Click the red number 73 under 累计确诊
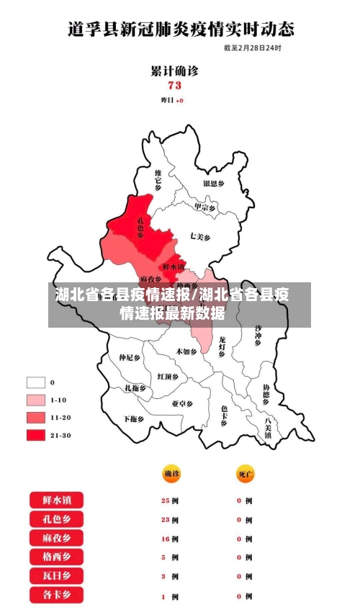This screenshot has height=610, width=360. click(x=174, y=85)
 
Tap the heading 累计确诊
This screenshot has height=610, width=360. click(x=174, y=71)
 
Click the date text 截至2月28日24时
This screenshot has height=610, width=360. click(x=252, y=48)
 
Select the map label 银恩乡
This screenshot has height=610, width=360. click(x=214, y=184)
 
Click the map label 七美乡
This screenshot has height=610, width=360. click(x=200, y=236)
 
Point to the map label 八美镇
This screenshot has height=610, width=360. click(x=269, y=427)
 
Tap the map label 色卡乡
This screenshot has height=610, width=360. click(x=225, y=416)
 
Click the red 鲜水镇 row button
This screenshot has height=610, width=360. click(x=56, y=500)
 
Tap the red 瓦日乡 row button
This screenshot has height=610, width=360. click(x=56, y=576)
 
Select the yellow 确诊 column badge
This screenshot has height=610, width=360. click(x=171, y=474)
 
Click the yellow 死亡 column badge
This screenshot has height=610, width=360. click(x=246, y=474)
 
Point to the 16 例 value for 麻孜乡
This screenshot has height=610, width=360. click(x=171, y=539)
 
